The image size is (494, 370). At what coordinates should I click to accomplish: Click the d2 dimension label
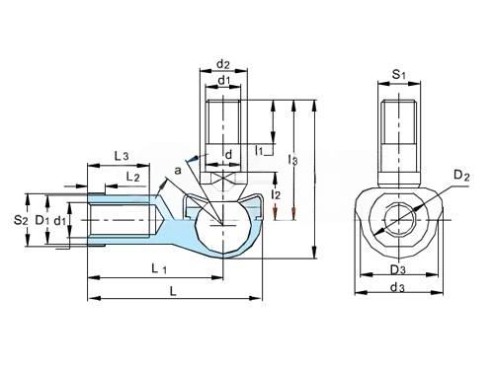tap(223, 64)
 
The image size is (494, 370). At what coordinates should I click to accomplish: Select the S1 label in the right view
tap(399, 75)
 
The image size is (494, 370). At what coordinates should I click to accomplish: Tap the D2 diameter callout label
tap(461, 176)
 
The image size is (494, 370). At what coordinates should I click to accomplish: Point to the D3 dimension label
tap(398, 270)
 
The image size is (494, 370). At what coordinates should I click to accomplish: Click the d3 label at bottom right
tap(397, 288)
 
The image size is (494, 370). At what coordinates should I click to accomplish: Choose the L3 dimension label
tap(122, 156)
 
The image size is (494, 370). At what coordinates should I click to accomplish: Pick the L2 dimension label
tap(133, 177)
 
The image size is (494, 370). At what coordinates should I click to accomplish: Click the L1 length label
tap(159, 269)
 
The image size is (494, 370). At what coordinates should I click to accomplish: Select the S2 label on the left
tap(21, 220)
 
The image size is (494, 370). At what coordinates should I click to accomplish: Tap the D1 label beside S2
tap(41, 220)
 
